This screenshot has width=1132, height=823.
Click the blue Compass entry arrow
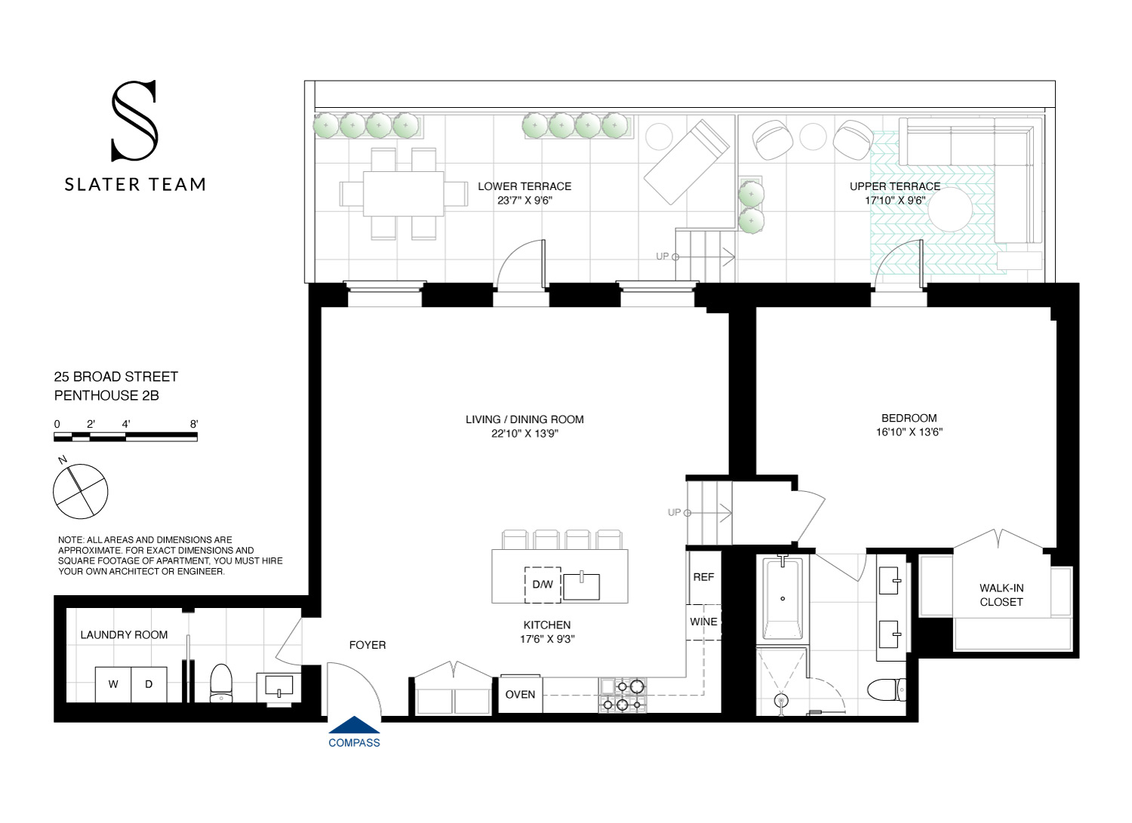pos(354,726)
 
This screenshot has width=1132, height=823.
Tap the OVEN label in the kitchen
pos(520,695)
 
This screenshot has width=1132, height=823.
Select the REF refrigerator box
pos(703,577)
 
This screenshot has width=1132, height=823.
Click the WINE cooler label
pos(703,622)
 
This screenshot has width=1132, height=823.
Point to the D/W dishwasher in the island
pos(543,585)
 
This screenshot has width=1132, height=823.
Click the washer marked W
pos(113,684)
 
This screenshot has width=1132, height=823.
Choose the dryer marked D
pos(149,684)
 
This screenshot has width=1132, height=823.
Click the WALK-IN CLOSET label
pos(1001,595)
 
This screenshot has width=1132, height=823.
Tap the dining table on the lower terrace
pos(403,194)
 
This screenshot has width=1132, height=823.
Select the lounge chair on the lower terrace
pos(686,161)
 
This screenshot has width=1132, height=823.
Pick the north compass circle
pos(81,491)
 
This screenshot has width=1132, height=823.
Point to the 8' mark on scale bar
pos(194,425)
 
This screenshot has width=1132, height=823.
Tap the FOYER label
pos(368,645)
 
